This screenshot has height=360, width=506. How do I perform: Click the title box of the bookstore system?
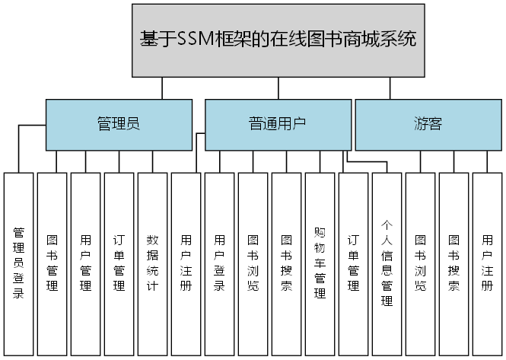pos(278,40)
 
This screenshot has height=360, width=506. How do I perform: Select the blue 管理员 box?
pos(119,124)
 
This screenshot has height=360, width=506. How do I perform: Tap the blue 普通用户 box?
pos(278,124)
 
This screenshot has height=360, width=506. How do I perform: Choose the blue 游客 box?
pos(428,124)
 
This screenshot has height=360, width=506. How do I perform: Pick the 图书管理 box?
pos(52,263)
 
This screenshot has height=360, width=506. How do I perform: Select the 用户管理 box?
pos(85,263)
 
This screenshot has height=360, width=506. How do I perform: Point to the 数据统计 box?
pos(152,263)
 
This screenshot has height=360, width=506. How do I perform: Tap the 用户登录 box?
pos(219,263)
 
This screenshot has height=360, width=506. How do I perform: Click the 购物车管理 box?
pos(320,263)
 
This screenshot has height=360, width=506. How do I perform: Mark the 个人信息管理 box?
pos(387,263)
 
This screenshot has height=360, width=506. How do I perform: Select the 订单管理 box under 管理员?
pos(119,263)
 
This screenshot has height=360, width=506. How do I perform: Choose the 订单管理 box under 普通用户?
pos(353,263)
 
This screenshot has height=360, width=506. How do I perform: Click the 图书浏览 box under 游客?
pos(420,263)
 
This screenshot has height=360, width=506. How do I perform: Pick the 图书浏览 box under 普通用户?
pos(253,263)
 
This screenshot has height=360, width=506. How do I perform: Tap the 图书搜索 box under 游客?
pos(453,263)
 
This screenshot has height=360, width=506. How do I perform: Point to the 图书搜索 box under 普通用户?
pos(286,263)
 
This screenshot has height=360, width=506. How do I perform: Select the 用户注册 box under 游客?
pos(487,263)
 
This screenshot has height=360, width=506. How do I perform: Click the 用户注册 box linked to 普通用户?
pos(186,263)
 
